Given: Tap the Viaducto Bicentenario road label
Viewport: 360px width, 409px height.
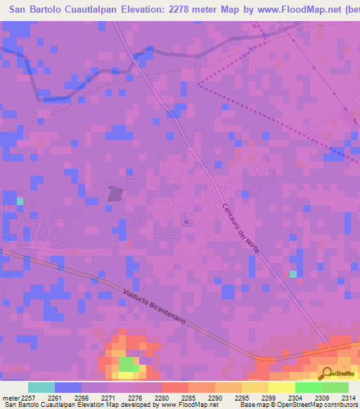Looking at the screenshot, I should click(154, 307).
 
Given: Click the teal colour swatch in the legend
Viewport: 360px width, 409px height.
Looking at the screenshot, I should click(41, 387).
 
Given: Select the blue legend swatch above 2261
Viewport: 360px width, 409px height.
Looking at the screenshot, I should click(68, 387).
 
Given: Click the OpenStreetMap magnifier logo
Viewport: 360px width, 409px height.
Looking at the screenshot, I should click(328, 373).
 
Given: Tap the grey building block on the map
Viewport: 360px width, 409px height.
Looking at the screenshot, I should click(115, 193).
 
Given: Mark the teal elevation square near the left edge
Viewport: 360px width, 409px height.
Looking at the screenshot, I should click(20, 202).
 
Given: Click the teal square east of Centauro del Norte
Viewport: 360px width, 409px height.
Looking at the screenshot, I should click(293, 273).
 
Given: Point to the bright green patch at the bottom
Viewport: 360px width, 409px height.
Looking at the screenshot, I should click(127, 364).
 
